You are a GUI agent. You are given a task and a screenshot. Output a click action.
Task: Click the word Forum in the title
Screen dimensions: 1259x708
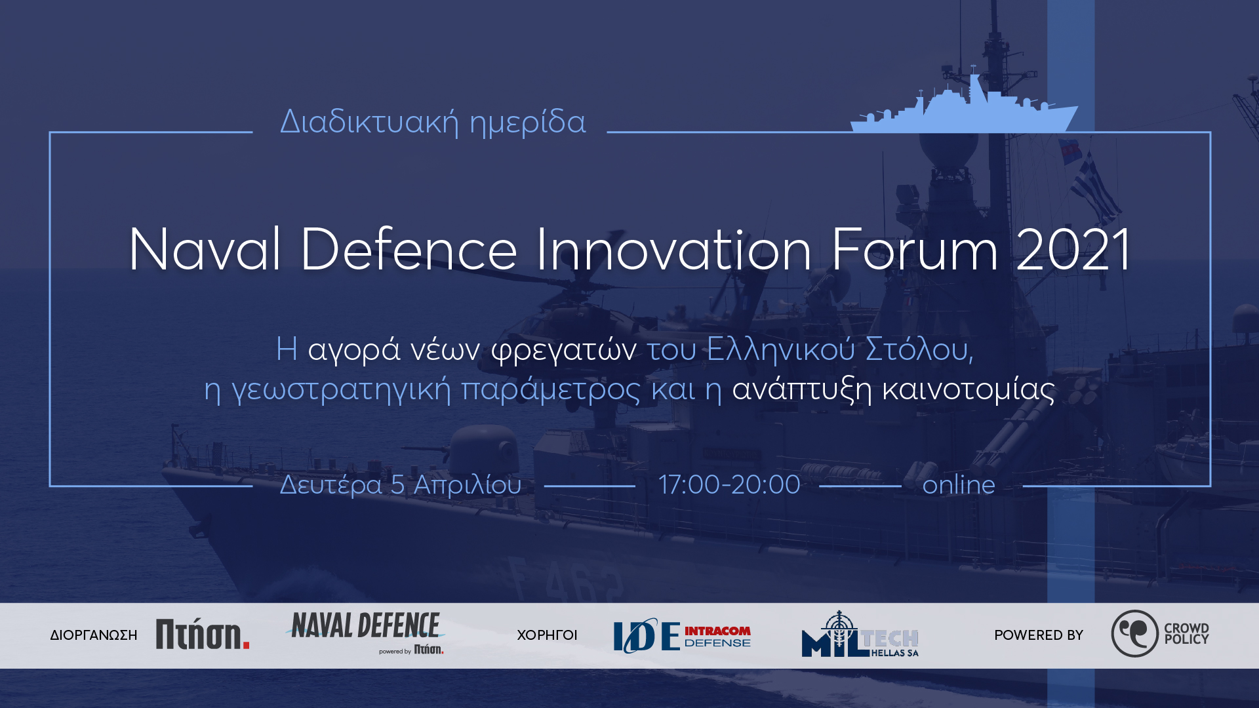[x=915, y=250]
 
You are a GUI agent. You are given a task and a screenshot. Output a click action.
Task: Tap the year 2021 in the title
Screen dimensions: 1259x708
[x=1073, y=250]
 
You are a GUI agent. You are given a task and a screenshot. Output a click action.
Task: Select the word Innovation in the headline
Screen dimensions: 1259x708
[x=674, y=250]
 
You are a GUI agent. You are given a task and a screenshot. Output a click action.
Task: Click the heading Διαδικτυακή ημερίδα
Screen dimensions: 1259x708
[x=433, y=122]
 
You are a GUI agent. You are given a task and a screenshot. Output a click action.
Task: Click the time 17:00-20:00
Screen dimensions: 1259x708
[x=729, y=485]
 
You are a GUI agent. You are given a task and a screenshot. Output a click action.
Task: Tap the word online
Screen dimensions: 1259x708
[x=959, y=485]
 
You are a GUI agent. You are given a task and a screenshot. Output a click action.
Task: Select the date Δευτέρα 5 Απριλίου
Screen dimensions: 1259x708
[x=401, y=485]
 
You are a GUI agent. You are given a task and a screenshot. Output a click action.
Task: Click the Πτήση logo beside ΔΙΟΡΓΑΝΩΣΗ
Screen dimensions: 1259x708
[x=203, y=635]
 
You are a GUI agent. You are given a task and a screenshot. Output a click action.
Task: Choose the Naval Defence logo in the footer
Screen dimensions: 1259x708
[x=366, y=633]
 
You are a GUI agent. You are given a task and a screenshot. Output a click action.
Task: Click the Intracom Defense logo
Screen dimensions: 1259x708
[x=682, y=635]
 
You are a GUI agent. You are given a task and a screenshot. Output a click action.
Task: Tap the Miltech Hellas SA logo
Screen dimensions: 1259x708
[x=860, y=634]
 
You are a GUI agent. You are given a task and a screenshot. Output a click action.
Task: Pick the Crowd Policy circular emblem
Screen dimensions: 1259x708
[x=1134, y=633]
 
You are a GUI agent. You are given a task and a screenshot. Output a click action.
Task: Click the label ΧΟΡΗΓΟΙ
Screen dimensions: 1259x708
[x=547, y=635]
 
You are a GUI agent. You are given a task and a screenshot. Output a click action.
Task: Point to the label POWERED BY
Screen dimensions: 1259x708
[x=1039, y=635]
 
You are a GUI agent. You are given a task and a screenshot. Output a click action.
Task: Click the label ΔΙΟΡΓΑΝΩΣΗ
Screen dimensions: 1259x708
[x=94, y=635]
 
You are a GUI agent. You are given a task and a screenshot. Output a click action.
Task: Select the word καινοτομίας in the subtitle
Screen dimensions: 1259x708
[x=969, y=389]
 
